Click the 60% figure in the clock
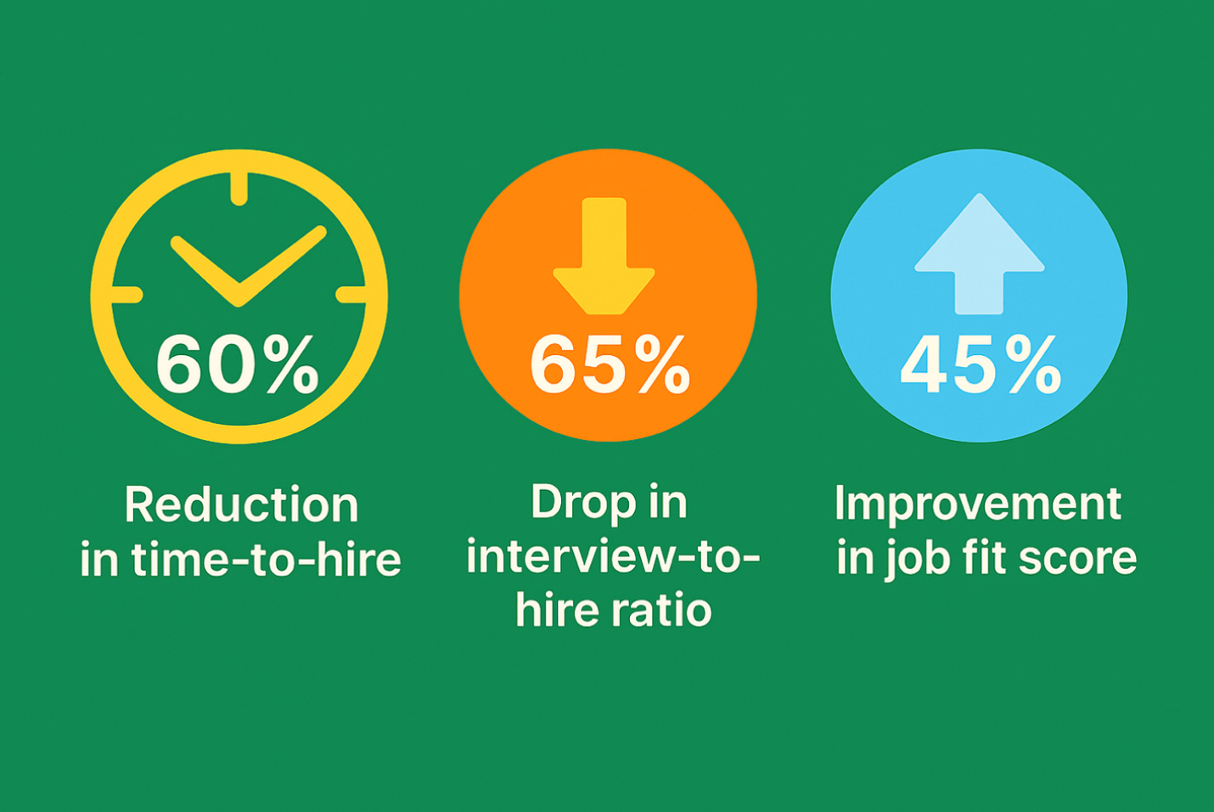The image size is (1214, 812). pyautogui.click(x=238, y=364)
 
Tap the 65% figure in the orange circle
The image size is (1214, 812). pyautogui.click(x=610, y=364)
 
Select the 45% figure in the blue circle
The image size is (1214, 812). pyautogui.click(x=981, y=364)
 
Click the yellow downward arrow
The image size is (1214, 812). pyautogui.click(x=604, y=256)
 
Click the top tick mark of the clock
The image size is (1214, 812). pyautogui.click(x=239, y=189)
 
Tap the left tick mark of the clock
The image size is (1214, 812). pyautogui.click(x=126, y=295)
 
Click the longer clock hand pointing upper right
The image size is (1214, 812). pyautogui.click(x=283, y=266)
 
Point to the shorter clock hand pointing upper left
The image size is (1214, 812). pyautogui.click(x=205, y=271)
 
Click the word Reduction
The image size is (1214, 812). pyautogui.click(x=241, y=505)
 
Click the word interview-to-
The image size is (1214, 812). pyautogui.click(x=613, y=558)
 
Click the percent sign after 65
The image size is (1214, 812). pyautogui.click(x=663, y=364)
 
